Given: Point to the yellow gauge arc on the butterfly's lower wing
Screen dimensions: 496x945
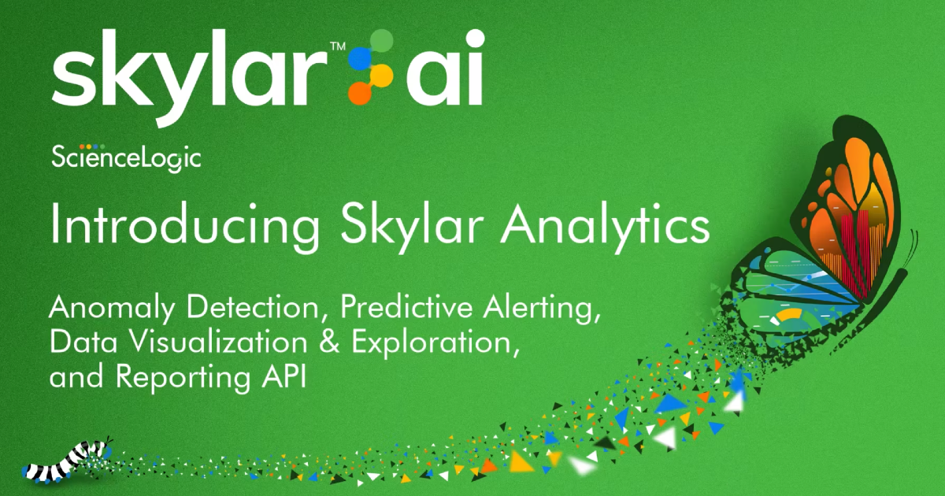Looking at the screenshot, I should pyautogui.click(x=787, y=316).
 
